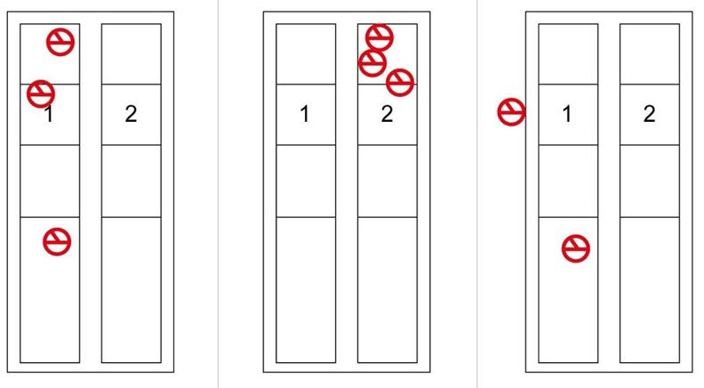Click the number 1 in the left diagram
(x=49, y=114)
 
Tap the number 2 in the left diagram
(x=131, y=114)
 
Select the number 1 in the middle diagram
(x=305, y=114)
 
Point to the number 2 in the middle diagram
(x=387, y=114)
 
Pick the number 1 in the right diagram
(x=567, y=114)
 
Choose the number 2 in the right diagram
(x=649, y=114)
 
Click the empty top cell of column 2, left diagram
(x=131, y=54)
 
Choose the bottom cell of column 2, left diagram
(x=131, y=290)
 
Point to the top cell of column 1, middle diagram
(x=306, y=54)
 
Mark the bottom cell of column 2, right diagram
(x=650, y=290)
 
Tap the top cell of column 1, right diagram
(x=568, y=54)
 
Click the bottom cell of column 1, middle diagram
(x=306, y=290)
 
